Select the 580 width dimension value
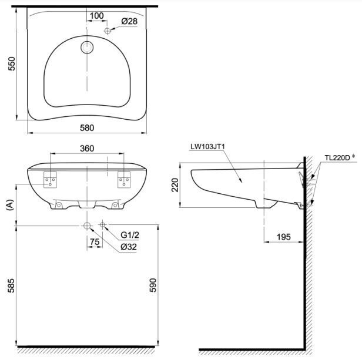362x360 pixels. click(86, 127)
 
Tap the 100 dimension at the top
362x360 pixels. click(97, 15)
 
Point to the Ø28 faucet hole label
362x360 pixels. click(129, 21)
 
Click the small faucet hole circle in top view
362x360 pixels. click(107, 30)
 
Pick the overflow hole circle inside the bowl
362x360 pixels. click(87, 48)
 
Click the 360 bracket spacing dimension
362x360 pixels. click(86, 149)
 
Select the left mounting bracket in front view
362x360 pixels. click(50, 178)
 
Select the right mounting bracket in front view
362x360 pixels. click(123, 178)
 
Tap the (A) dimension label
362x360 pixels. click(8, 204)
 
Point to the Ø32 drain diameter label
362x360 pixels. click(129, 247)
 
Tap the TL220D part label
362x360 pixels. click(338, 157)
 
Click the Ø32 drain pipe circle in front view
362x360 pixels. click(86, 226)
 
